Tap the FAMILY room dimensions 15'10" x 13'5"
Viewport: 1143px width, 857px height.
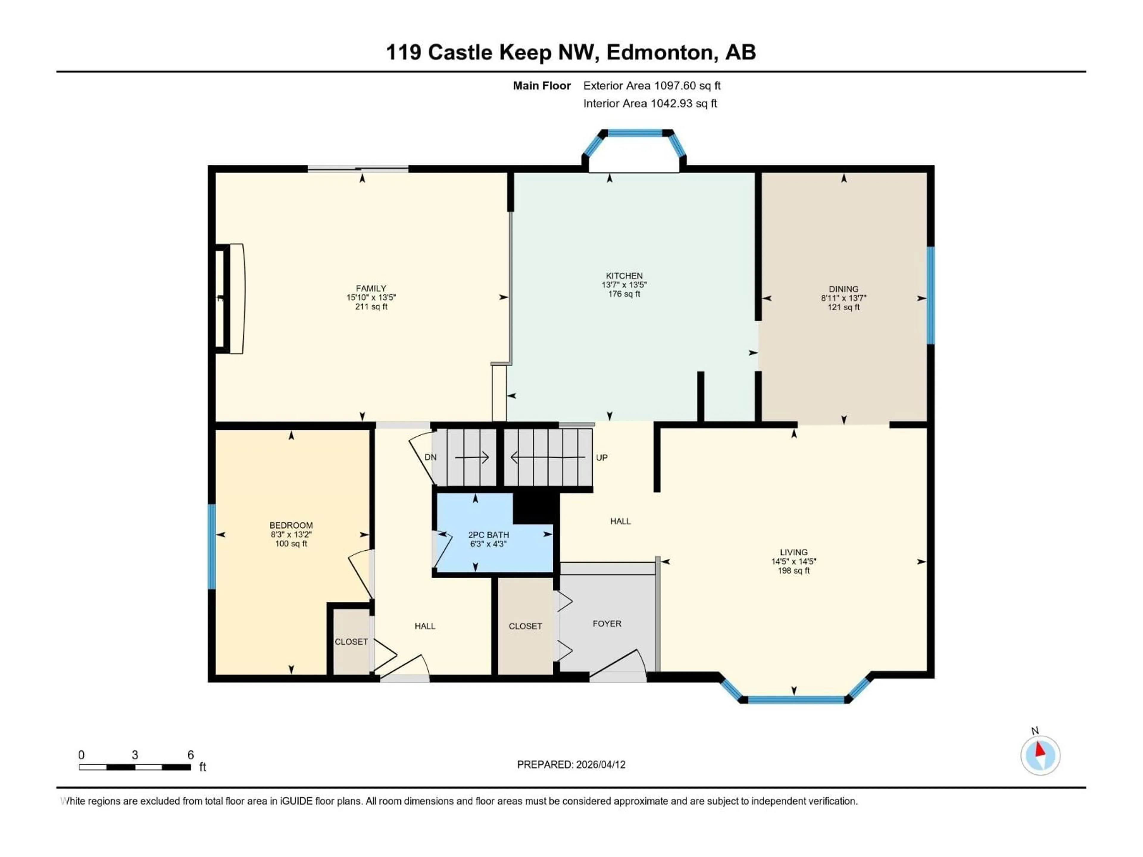(x=371, y=298)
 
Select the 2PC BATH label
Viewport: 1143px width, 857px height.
(x=488, y=535)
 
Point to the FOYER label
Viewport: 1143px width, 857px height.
(x=607, y=623)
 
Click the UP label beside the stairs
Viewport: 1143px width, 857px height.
(x=602, y=458)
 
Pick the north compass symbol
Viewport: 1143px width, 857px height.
(x=1040, y=755)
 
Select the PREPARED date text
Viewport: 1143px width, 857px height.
(x=571, y=764)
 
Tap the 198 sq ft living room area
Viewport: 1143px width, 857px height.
(x=794, y=571)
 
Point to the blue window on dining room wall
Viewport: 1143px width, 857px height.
(x=930, y=295)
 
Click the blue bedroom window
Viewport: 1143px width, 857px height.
(x=211, y=547)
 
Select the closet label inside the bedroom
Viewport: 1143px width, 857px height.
(x=351, y=642)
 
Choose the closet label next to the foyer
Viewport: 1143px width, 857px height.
(x=525, y=626)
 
